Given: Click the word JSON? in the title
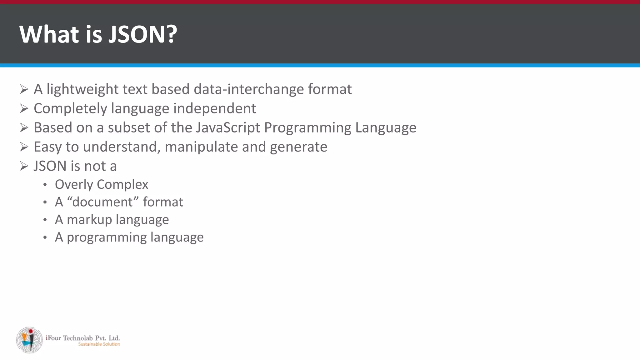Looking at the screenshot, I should (143, 34).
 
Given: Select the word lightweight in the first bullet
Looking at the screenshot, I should (81, 89).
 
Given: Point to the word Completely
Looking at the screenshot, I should (70, 109).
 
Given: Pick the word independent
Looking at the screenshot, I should (215, 109).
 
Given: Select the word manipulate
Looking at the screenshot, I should (201, 147).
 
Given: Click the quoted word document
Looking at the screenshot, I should (103, 202).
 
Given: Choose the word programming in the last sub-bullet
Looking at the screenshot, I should (107, 237).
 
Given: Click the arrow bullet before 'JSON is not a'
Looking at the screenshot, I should (24, 166).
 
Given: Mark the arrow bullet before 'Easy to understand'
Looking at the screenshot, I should (24, 147).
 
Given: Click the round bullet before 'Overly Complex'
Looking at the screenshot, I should (45, 185).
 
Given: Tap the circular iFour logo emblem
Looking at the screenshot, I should (29, 340).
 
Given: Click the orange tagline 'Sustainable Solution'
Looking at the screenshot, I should (99, 344).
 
